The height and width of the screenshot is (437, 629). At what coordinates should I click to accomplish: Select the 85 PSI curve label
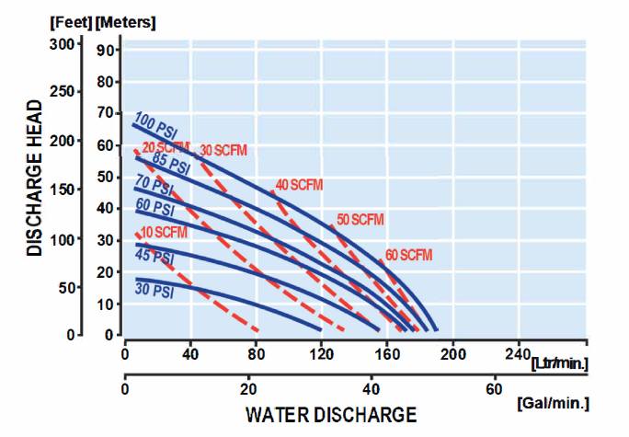click(x=171, y=162)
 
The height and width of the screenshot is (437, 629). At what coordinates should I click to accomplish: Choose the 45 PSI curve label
click(x=155, y=255)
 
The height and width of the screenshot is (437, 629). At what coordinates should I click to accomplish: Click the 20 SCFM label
click(x=166, y=147)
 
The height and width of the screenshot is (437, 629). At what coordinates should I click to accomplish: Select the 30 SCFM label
click(x=223, y=150)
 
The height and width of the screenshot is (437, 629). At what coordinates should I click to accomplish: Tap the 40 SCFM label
click(x=299, y=186)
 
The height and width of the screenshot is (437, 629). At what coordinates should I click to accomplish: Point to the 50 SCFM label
click(x=360, y=219)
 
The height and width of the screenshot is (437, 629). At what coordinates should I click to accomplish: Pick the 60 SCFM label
click(x=408, y=254)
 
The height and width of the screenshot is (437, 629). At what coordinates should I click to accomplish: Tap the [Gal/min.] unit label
click(x=554, y=404)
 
